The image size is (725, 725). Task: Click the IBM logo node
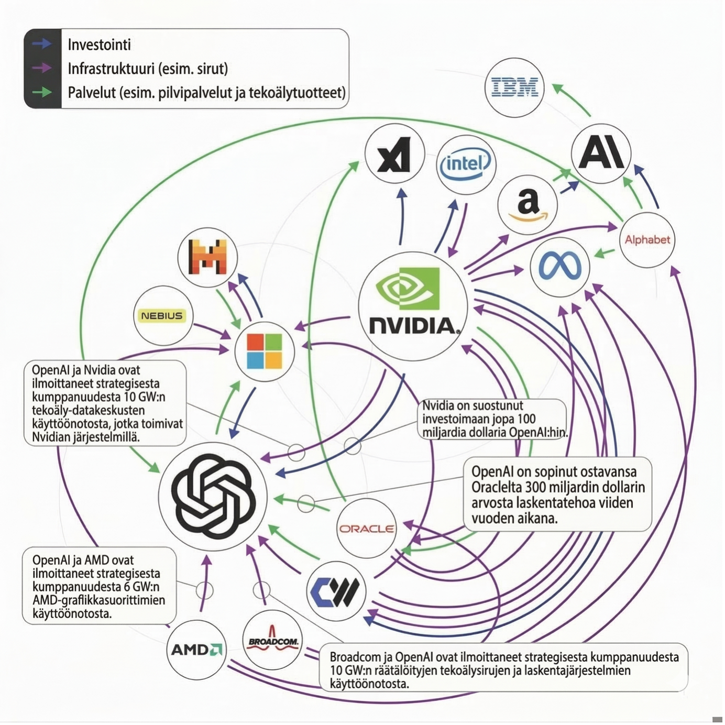click(x=514, y=87)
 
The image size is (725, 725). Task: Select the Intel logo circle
click(x=466, y=164)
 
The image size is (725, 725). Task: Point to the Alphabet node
click(x=647, y=240)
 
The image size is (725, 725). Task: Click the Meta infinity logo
click(x=559, y=267)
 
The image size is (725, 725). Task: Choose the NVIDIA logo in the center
click(x=413, y=306)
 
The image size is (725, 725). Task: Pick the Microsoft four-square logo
click(x=265, y=350)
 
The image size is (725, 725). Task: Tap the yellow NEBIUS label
click(x=162, y=315)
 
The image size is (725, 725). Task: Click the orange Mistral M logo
click(x=207, y=257)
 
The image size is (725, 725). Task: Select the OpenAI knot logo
click(x=213, y=496)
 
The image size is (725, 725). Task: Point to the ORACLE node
click(x=366, y=529)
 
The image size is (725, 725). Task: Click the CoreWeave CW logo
click(x=336, y=591)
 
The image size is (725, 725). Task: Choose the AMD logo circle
click(x=196, y=650)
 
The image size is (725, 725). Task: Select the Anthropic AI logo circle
click(x=600, y=153)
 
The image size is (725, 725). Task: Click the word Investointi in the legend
click(x=99, y=45)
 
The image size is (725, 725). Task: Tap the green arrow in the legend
click(x=42, y=92)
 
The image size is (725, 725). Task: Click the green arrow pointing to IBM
click(x=572, y=100)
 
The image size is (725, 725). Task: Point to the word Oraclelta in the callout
click(x=497, y=487)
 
